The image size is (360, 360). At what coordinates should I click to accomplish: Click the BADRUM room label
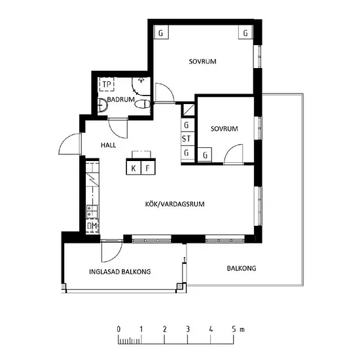121,99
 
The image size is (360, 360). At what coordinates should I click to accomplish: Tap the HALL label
109,145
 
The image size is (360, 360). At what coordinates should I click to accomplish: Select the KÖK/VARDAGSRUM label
175,204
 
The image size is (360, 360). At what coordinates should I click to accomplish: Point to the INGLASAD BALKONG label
120,272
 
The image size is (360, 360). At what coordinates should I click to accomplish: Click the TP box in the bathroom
107,84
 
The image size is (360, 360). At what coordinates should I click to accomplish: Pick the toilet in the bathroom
143,105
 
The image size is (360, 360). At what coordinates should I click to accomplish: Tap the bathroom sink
102,105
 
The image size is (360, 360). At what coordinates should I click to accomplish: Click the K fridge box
134,168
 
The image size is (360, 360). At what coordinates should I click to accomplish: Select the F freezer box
148,168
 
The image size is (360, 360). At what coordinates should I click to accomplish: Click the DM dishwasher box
92,226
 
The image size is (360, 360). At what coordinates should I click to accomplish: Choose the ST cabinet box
187,139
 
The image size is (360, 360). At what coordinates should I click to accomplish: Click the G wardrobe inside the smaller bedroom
205,155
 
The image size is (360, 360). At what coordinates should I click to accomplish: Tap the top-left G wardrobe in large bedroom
161,32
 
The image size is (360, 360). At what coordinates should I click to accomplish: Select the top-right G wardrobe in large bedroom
245,32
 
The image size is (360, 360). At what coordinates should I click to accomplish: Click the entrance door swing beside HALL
69,144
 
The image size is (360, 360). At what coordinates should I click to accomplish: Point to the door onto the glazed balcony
112,251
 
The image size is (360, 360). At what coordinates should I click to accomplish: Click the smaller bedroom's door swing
234,154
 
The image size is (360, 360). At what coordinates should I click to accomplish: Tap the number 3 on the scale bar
188,329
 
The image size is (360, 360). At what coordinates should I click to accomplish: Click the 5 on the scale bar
234,329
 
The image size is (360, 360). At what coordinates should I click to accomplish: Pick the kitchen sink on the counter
92,211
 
